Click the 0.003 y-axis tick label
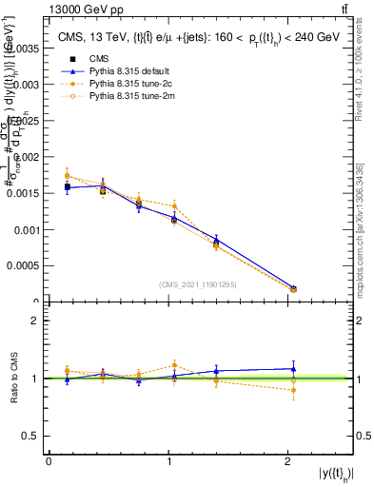coord(28,84)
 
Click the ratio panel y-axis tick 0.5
coord(32,436)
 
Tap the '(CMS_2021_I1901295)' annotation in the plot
coord(198,284)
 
